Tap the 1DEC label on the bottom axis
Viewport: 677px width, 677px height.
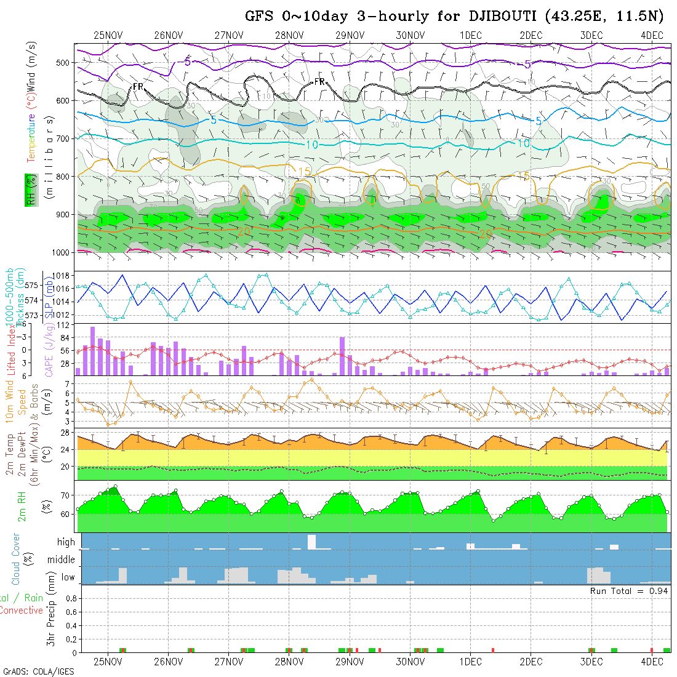(470, 662)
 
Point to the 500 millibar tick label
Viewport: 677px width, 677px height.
(65, 62)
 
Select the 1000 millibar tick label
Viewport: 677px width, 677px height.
(62, 252)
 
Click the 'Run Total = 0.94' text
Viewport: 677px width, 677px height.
(629, 591)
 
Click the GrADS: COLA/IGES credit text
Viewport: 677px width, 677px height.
(38, 671)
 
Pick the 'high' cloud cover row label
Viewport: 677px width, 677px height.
(66, 542)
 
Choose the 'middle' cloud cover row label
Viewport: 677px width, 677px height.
(62, 560)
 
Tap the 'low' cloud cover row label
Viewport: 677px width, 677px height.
(68, 577)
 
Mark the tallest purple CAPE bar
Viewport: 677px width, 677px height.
(92, 351)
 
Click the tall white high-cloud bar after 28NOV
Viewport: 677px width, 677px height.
(311, 542)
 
